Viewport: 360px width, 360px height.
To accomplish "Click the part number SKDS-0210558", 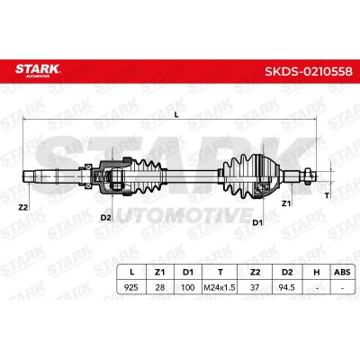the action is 309,71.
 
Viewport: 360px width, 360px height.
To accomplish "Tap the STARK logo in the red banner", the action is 38,70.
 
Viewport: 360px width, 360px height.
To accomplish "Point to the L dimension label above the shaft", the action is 176,114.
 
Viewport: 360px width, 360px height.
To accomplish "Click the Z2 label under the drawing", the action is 23,207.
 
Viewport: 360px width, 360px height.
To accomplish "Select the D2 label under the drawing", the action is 105,218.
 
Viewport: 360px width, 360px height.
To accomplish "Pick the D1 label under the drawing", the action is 257,222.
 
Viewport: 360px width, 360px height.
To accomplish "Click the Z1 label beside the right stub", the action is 286,203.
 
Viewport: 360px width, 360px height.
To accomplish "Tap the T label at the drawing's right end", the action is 327,195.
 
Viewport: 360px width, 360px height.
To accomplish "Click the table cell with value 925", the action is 131,287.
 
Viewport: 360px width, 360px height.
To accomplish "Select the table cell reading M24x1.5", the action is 220,287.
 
